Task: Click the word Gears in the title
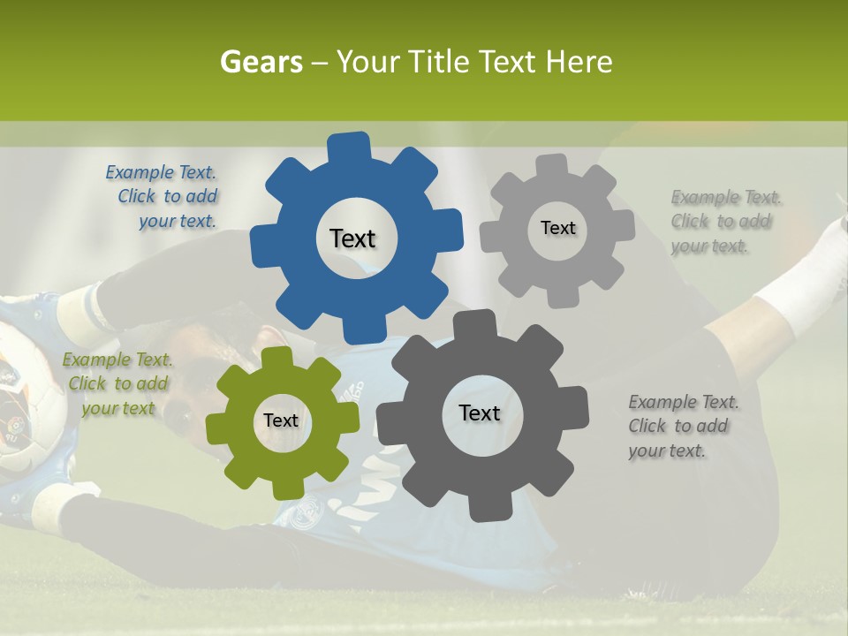[261, 62]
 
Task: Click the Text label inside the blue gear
[352, 238]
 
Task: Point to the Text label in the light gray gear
[557, 228]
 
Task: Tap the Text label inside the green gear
[281, 420]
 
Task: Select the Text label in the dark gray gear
[480, 413]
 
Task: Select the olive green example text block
[118, 383]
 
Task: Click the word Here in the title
[579, 62]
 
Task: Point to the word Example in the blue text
[140, 172]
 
